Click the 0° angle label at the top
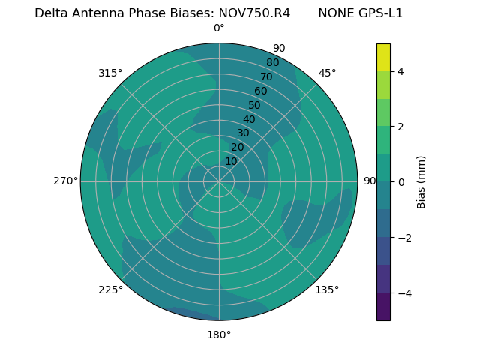(x=219, y=28)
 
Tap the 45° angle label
(x=328, y=73)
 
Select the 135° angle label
(x=327, y=289)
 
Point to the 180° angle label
(x=219, y=334)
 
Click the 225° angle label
(x=110, y=289)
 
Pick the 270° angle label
(x=65, y=181)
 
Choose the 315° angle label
(x=110, y=73)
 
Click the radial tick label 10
(x=231, y=161)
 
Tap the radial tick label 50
(x=255, y=105)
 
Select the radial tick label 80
(x=273, y=62)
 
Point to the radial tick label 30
(x=243, y=133)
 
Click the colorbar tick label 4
(x=401, y=71)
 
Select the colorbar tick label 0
(x=401, y=182)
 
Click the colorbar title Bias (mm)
(x=421, y=182)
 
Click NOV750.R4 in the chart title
(x=254, y=13)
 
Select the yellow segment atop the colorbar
(x=383, y=57)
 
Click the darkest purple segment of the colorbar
(x=383, y=307)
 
